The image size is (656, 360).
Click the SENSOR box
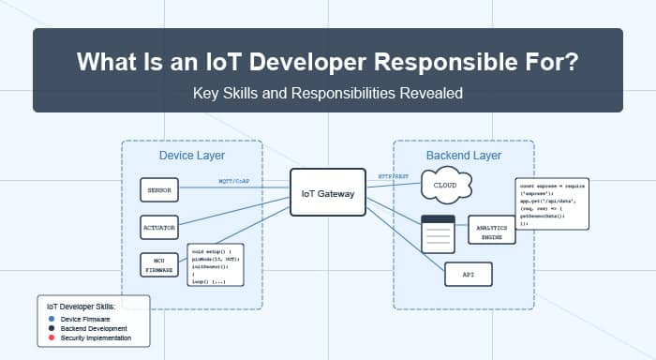click(x=156, y=190)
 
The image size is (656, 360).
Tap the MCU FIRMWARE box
click(x=157, y=265)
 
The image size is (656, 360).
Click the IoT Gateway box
click(x=326, y=194)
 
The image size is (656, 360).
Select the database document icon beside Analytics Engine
click(x=437, y=232)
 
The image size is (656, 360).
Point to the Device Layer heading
click(x=191, y=155)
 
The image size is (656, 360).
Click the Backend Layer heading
click(x=464, y=155)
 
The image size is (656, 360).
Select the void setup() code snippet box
click(x=216, y=266)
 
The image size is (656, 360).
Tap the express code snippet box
click(x=554, y=203)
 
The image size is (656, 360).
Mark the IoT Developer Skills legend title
click(x=92, y=305)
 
